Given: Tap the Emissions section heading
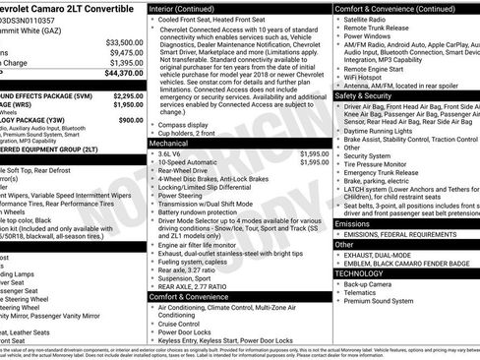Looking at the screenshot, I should pyautogui.click(x=354, y=223).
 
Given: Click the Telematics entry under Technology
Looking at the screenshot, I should pyautogui.click(x=364, y=292).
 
